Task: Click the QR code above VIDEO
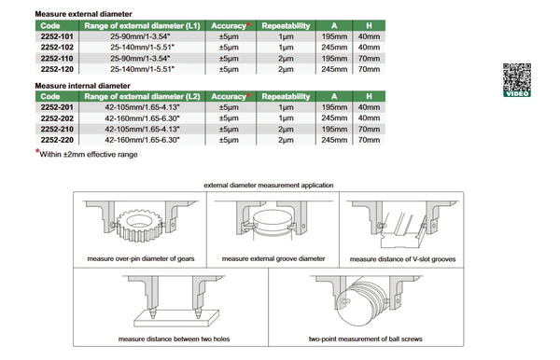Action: click(515, 74)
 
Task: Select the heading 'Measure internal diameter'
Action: click(81, 85)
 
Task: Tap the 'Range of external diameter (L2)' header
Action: click(141, 96)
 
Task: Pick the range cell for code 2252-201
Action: click(141, 107)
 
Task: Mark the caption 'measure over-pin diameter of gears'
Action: click(141, 259)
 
